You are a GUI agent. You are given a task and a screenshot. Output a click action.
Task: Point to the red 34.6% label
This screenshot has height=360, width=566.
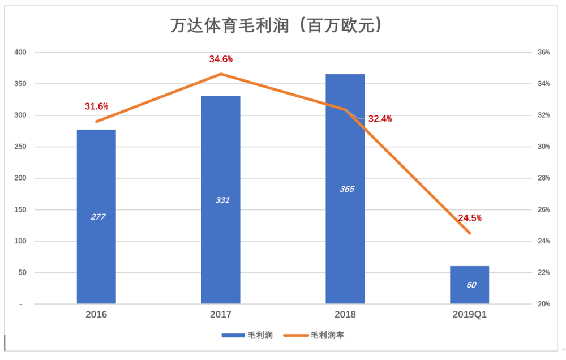tap(221, 59)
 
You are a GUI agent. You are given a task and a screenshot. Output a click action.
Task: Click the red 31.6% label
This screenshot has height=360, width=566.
tap(96, 106)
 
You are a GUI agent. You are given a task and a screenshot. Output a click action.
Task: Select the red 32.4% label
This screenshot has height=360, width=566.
tap(380, 119)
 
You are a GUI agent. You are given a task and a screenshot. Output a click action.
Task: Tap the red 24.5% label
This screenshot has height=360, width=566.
tap(470, 218)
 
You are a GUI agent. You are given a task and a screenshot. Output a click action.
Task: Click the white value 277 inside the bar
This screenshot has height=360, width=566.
tap(98, 217)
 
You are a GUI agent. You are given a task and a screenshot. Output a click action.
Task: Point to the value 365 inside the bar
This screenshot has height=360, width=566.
tap(347, 189)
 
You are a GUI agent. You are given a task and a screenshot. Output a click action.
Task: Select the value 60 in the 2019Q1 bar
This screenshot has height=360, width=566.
tap(471, 285)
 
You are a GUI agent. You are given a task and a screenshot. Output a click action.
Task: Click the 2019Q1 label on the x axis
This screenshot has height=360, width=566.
tap(469, 314)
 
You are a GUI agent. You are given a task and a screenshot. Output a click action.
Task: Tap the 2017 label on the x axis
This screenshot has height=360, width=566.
tap(221, 314)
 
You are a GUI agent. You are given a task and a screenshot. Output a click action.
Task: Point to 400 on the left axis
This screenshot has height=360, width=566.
tap(20, 52)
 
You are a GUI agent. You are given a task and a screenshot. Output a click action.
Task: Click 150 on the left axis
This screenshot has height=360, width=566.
tap(20, 209)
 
